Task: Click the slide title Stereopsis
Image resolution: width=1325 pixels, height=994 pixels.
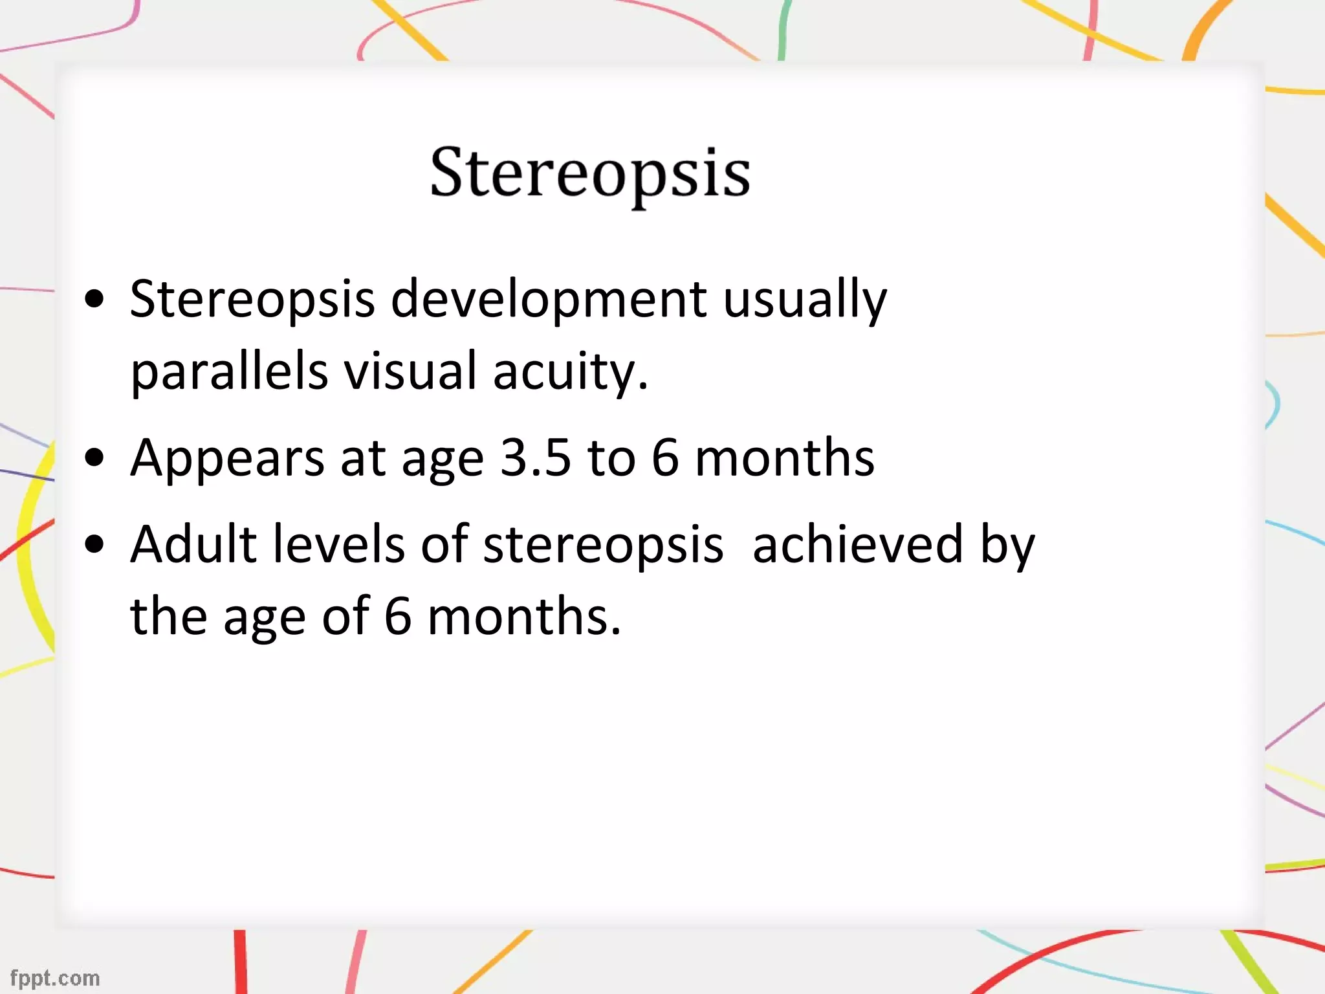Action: (590, 173)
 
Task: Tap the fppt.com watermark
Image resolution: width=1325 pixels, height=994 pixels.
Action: (55, 978)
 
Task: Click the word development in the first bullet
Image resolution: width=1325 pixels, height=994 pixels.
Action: (549, 299)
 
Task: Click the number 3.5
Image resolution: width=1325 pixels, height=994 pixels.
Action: (536, 458)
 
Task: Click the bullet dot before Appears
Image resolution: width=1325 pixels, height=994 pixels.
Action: (94, 458)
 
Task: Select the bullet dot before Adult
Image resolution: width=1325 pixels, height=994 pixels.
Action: (94, 544)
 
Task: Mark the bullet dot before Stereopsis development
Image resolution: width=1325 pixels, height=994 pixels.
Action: (94, 299)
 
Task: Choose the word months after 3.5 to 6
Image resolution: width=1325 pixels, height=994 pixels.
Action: (784, 458)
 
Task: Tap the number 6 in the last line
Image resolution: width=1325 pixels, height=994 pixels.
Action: (398, 616)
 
